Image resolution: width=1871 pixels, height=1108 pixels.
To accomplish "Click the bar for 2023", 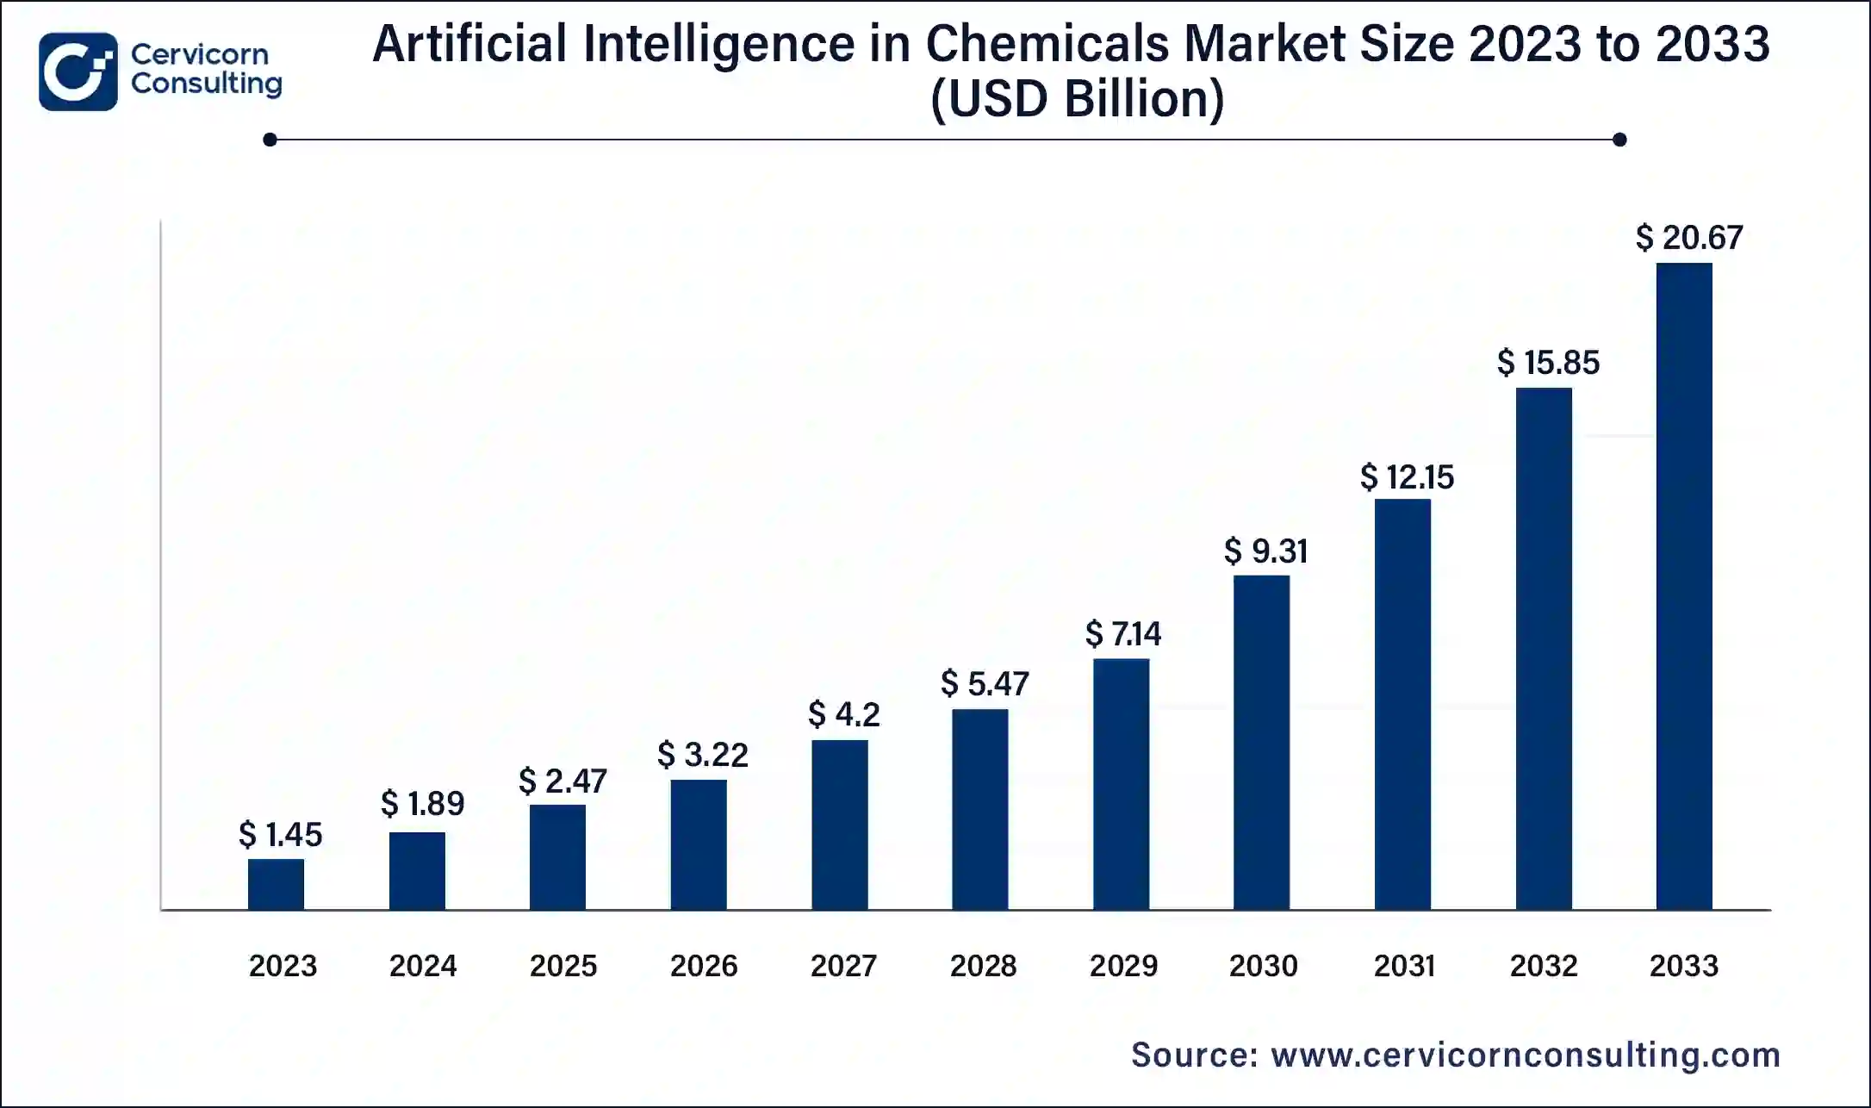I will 276,884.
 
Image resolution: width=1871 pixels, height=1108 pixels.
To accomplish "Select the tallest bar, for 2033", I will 1684,586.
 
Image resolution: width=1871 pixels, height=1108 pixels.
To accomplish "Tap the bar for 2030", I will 1261,742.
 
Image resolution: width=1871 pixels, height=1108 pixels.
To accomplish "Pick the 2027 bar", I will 839,825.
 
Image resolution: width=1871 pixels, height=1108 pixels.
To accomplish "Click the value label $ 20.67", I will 1688,238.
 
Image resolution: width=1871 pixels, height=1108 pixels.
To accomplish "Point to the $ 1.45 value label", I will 280,835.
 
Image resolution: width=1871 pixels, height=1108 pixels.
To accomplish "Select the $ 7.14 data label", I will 1122,634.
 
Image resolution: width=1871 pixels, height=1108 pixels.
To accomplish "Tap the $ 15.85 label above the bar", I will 1548,363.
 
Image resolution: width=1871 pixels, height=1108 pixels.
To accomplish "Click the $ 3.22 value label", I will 702,755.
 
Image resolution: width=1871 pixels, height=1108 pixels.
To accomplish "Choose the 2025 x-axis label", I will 563,966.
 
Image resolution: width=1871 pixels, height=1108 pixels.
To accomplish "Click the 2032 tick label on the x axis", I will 1544,966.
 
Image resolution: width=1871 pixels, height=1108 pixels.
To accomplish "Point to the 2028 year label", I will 983,966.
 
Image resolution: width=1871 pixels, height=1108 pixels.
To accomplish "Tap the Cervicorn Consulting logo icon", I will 78,72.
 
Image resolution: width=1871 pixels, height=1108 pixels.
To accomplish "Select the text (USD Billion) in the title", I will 1077,99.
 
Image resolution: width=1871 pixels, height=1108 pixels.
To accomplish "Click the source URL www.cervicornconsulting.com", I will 1526,1055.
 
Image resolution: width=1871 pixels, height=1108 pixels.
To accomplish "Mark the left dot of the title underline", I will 270,140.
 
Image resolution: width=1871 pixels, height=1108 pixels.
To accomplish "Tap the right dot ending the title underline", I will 1619,140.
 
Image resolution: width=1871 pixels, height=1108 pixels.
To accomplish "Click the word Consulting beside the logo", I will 206,84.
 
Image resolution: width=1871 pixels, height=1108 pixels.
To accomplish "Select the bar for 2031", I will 1402,704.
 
